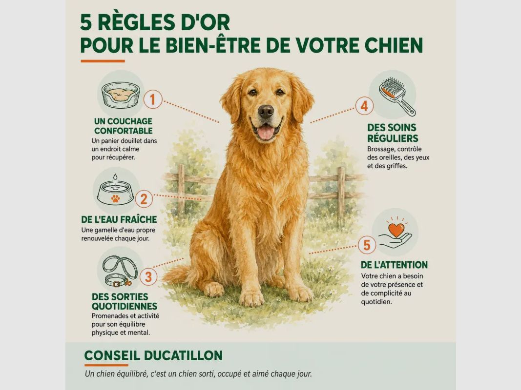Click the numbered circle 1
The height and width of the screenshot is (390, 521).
point(153,99)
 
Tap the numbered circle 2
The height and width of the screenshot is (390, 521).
point(144,198)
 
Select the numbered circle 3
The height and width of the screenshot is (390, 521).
point(148,276)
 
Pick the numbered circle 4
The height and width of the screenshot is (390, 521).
point(364,106)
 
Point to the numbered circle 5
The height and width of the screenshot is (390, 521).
point(367,245)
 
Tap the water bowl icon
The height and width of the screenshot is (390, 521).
point(115,191)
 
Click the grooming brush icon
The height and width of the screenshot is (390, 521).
point(396,96)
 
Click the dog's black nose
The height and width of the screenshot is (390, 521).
point(266,111)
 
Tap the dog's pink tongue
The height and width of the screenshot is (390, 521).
point(266,132)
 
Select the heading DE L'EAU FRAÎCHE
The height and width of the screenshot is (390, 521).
point(119,219)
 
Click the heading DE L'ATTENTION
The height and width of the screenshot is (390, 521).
point(394,265)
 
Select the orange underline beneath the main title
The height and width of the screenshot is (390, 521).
point(103,61)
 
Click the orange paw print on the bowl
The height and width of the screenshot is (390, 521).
point(115,198)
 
